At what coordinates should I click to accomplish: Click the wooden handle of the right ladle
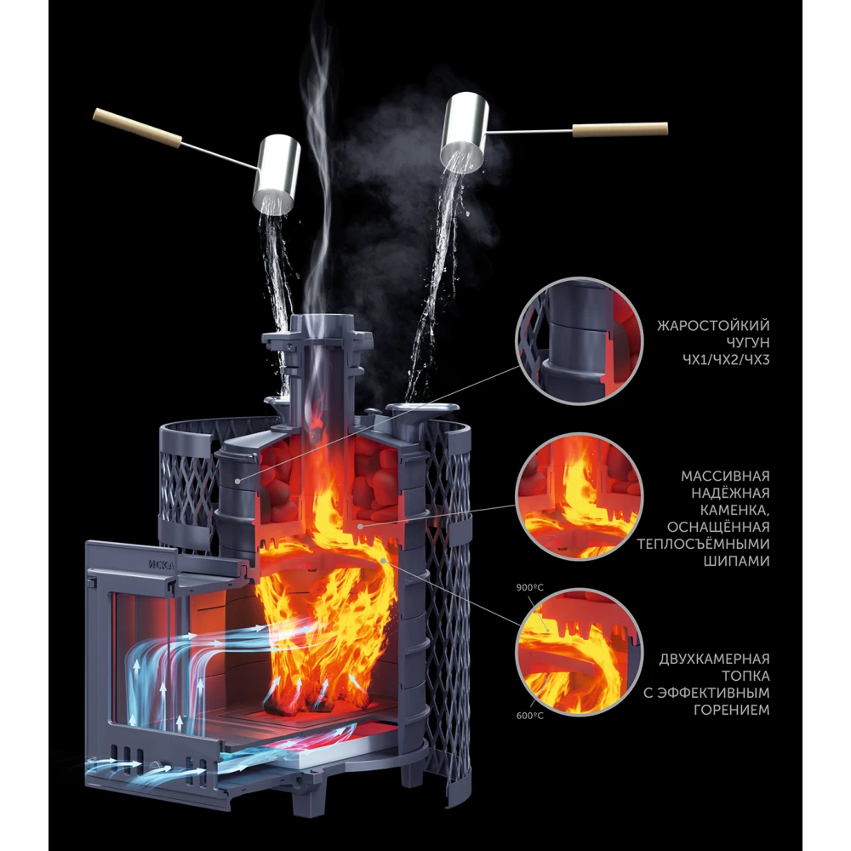pos(620,129)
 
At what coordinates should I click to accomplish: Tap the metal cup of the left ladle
pos(278,173)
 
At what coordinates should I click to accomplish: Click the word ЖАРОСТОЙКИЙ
pos(713,325)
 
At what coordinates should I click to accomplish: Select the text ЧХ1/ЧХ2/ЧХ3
pos(726,359)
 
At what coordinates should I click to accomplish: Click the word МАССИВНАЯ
pos(725,476)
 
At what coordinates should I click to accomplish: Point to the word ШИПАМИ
pos(736,561)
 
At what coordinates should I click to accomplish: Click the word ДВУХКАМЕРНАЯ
pos(714,659)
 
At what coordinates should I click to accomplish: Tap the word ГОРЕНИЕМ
pos(732,710)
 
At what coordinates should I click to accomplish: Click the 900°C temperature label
pos(529,587)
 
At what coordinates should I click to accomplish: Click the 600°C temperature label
pos(529,716)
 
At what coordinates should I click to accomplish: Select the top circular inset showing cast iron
pos(579,341)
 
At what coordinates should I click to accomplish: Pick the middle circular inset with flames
pos(579,497)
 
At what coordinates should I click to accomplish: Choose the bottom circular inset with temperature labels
pos(579,653)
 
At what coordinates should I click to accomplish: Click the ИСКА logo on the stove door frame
pos(162,564)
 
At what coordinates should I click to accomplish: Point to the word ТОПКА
pos(745,676)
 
